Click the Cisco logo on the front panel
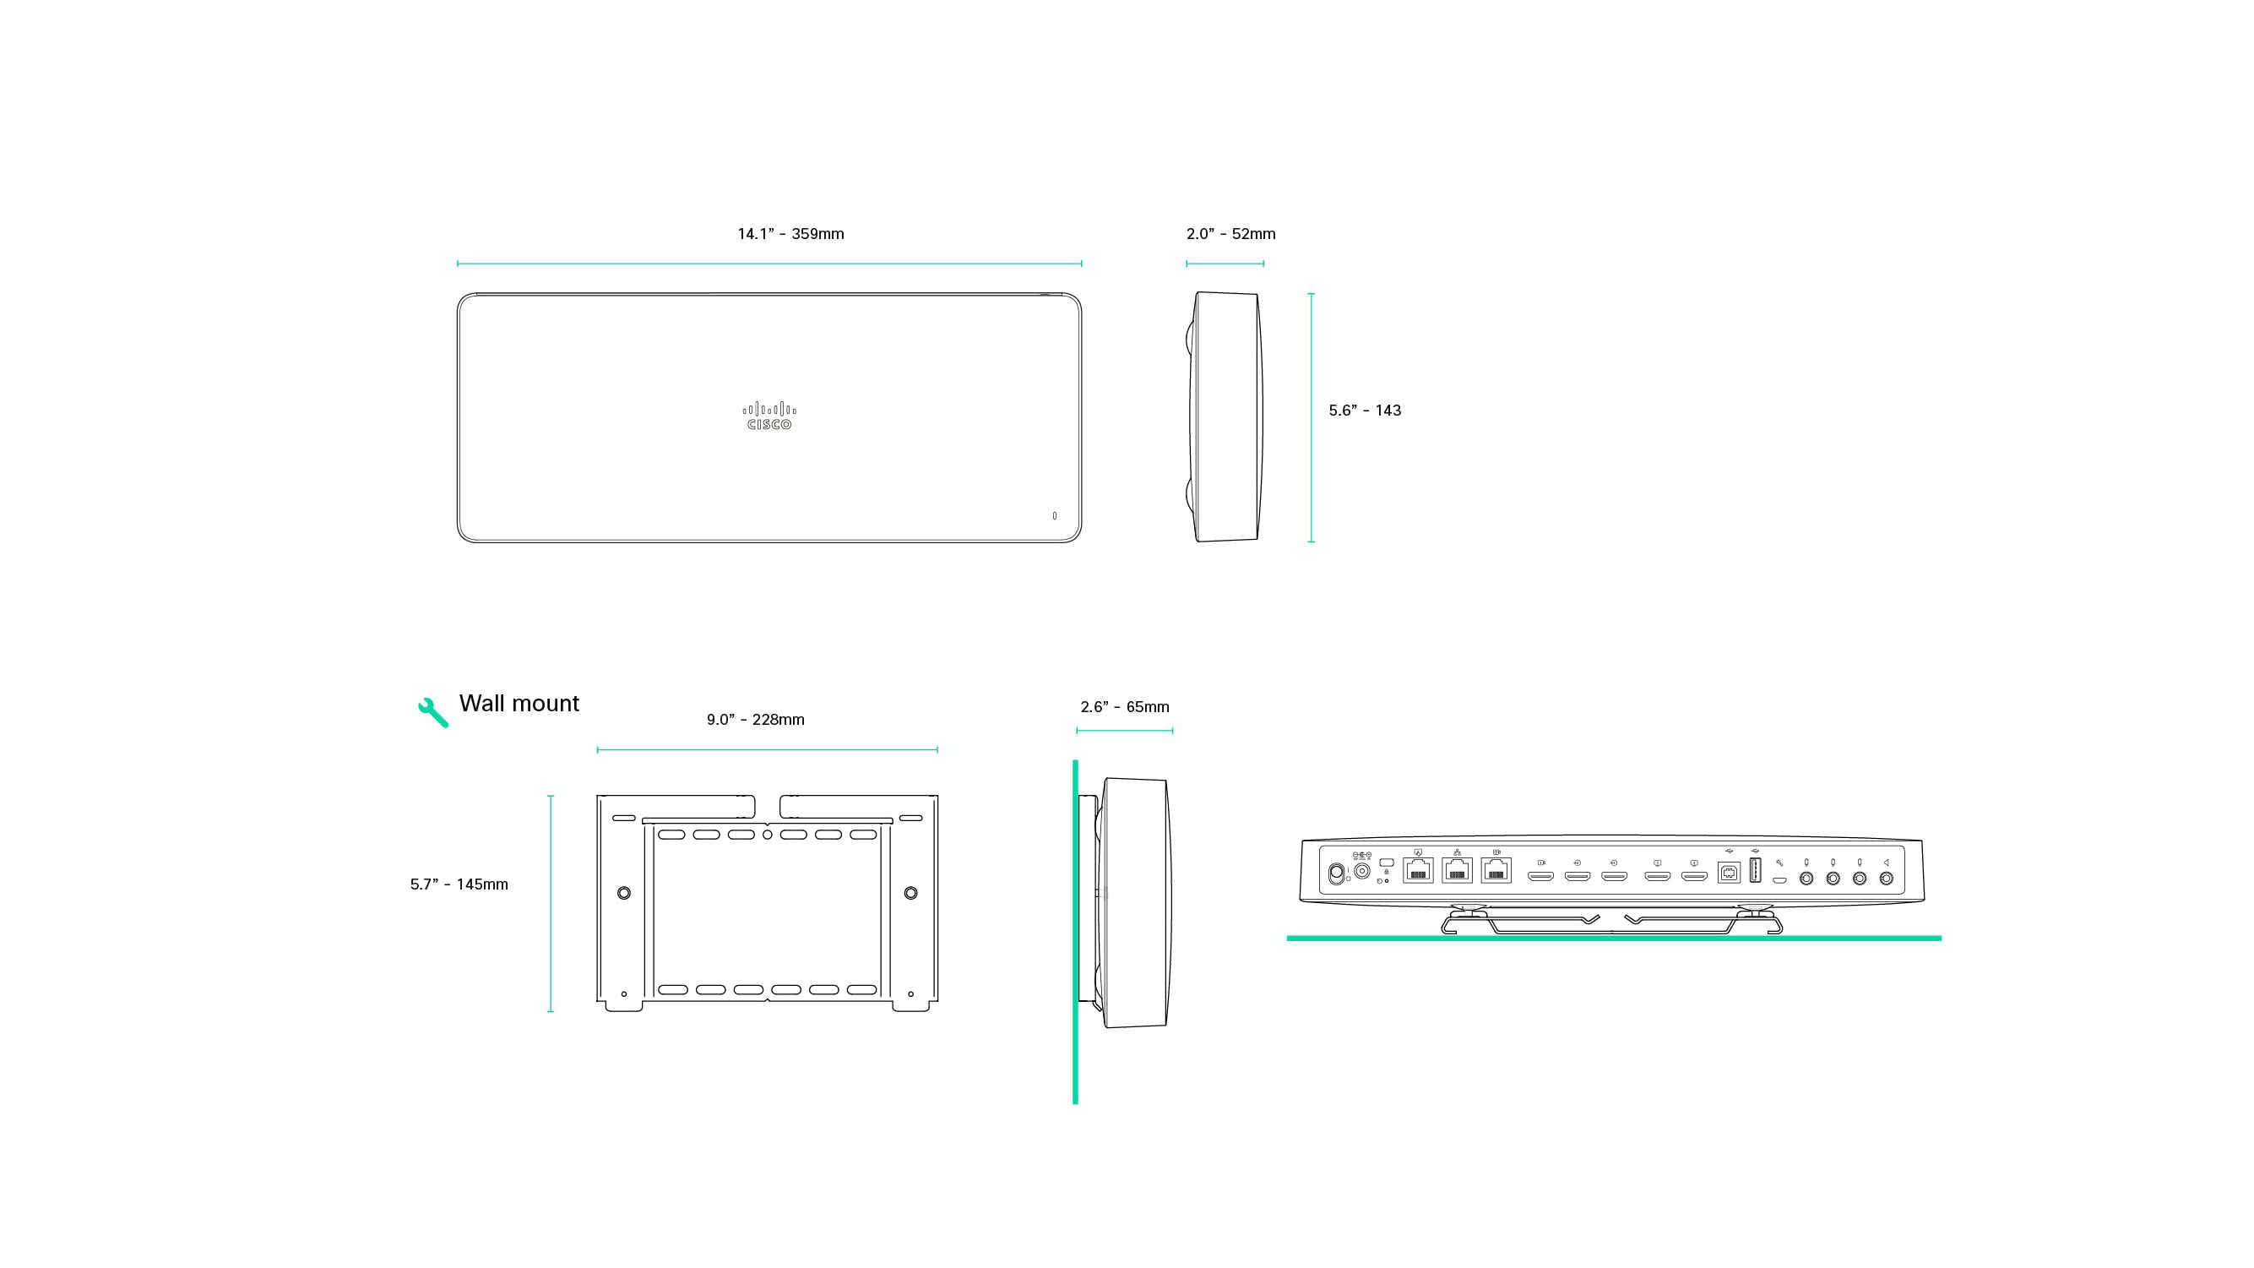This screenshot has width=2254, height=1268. pos(769,416)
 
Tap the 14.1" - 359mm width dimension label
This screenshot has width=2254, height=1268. pos(790,234)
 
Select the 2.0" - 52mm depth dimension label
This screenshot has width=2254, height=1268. pos(1230,234)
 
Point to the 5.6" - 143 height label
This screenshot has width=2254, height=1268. pos(1364,411)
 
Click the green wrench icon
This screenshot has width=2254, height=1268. pos(432,712)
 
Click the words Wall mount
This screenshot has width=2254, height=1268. pos(519,704)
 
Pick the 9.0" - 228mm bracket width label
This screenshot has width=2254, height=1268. pos(755,719)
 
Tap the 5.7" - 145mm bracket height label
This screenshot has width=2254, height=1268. pos(459,884)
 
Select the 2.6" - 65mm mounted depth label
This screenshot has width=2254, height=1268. pos(1124,706)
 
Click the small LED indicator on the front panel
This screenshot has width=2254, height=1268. pos(1055,516)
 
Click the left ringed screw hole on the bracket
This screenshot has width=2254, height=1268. pos(624,894)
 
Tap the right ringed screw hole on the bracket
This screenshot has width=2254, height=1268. pos(911,894)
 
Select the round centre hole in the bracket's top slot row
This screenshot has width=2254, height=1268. pos(768,835)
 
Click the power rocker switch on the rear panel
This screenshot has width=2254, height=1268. pos(1335,873)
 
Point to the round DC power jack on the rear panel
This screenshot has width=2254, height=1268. pos(1361,872)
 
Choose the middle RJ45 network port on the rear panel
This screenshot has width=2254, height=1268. pos(1457,871)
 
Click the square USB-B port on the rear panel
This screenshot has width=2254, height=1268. pos(1728,873)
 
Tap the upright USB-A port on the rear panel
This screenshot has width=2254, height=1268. pos(1754,871)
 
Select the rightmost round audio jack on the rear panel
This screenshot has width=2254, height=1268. pos(1887,879)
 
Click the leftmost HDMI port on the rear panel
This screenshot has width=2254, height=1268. pos(1540,876)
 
